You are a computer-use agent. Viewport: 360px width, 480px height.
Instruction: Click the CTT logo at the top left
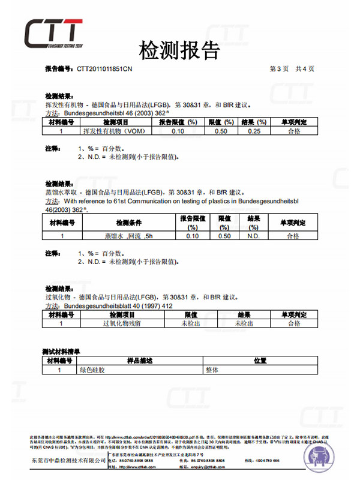(x=53, y=34)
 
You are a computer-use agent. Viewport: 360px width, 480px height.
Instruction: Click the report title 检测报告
(x=179, y=50)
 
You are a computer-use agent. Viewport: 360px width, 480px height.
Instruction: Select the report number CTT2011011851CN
(x=104, y=69)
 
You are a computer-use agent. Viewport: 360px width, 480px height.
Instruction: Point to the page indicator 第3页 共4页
(x=292, y=69)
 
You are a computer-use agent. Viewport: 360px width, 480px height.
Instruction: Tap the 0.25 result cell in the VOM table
(x=254, y=131)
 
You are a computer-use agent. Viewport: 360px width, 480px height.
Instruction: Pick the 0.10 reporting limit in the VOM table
(x=178, y=131)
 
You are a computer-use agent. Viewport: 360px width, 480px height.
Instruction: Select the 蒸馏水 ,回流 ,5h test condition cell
(x=129, y=236)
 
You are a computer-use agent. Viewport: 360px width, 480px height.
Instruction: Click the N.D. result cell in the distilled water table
(x=253, y=236)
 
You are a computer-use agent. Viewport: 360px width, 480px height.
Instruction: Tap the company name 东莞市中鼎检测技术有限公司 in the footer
(x=66, y=460)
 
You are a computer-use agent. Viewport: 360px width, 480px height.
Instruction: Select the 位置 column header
(x=259, y=361)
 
